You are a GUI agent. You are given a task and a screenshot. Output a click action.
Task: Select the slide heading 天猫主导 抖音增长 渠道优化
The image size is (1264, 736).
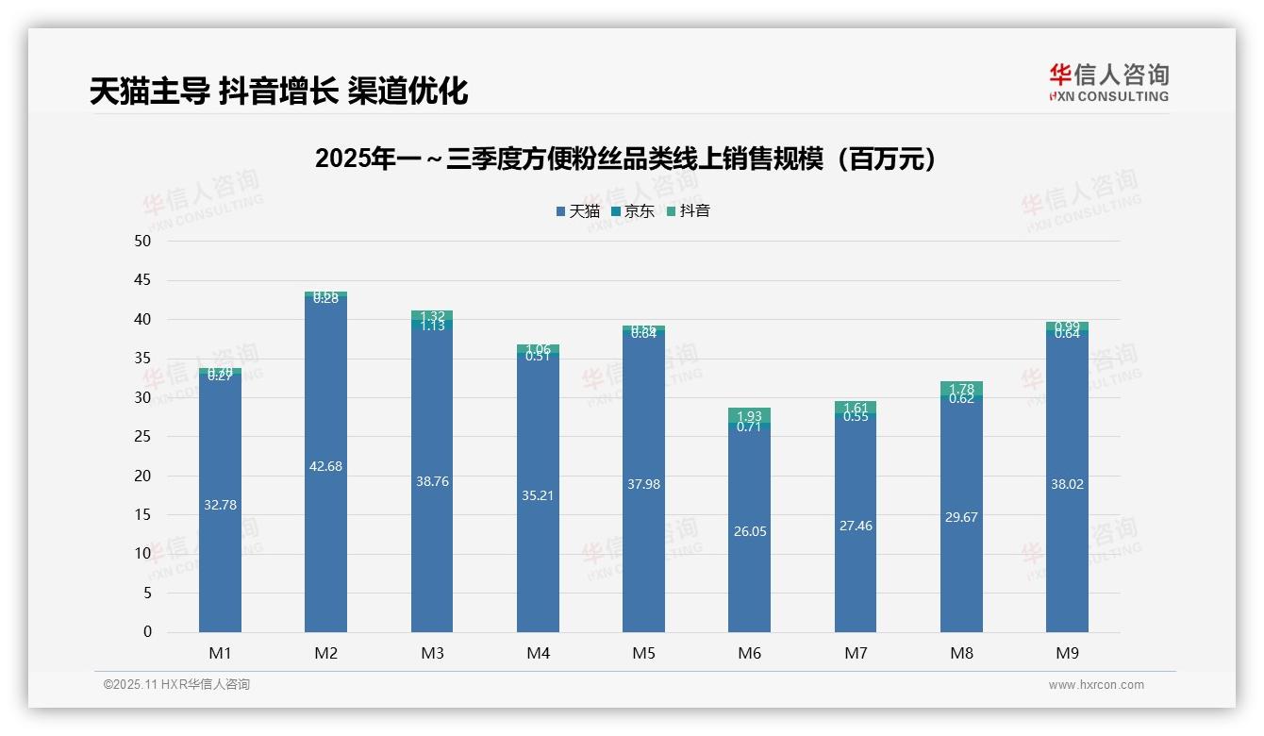(278, 91)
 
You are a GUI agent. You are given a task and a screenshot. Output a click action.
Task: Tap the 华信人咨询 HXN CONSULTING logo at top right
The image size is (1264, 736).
(1108, 82)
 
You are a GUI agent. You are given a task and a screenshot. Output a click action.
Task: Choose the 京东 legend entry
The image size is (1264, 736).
(633, 211)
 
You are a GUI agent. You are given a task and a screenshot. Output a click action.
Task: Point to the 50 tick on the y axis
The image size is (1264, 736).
(142, 241)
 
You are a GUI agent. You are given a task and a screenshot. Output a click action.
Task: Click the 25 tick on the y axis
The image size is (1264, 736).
(142, 436)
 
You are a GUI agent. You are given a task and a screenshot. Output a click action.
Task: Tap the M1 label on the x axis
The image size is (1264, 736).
(220, 653)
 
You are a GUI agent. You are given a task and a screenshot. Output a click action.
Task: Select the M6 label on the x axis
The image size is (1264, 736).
(749, 653)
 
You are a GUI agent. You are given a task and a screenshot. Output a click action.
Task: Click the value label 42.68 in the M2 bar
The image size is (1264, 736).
(325, 466)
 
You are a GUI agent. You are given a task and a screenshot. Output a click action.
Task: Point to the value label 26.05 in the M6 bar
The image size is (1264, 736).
(749, 531)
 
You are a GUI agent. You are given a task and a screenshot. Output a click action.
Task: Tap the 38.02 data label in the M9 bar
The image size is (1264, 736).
(1067, 484)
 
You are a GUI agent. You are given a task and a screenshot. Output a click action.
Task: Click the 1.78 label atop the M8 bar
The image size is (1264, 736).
(961, 389)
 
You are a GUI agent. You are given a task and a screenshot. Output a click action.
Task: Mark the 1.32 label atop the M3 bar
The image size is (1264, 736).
(432, 316)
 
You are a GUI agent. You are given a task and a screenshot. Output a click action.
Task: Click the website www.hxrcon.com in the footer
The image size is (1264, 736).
(1096, 685)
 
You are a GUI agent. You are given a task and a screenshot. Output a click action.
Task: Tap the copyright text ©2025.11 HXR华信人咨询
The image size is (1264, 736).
(176, 685)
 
